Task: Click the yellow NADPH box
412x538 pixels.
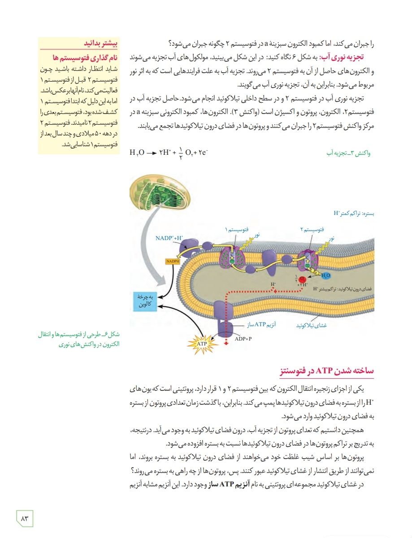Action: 172,261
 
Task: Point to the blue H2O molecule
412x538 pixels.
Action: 326,275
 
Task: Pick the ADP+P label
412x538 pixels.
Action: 243,339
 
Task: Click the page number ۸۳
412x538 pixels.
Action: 25,518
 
